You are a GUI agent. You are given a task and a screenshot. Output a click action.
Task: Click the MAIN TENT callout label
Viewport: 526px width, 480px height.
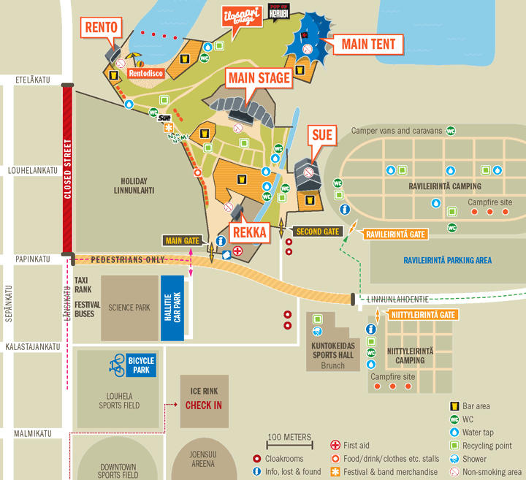pos(368,44)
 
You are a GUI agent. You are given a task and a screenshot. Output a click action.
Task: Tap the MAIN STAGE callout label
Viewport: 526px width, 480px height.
pos(259,78)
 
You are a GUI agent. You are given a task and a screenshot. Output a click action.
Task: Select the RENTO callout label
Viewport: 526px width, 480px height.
pos(101,28)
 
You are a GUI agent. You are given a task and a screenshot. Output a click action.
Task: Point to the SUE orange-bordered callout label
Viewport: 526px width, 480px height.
pos(322,135)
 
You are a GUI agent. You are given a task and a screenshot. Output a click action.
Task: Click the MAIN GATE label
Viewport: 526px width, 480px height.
pos(183,240)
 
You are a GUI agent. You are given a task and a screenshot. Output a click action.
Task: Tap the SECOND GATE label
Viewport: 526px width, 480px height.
pos(317,232)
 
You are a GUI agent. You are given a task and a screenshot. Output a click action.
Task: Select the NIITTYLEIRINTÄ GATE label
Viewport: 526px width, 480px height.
pos(422,315)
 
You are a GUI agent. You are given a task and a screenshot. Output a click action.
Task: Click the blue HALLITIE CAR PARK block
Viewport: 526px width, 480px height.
pos(172,308)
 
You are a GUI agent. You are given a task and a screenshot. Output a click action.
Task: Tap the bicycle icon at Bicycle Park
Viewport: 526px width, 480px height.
pos(117,364)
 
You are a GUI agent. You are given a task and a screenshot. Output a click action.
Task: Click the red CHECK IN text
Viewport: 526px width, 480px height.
pos(204,405)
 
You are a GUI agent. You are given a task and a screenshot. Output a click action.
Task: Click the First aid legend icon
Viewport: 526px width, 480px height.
pos(335,445)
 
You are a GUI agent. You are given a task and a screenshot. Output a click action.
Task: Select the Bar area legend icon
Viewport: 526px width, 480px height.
pos(454,406)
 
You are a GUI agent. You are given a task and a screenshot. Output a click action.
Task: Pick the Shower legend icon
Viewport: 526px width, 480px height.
pos(454,459)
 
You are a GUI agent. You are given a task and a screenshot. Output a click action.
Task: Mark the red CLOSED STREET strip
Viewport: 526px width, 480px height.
pos(67,169)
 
